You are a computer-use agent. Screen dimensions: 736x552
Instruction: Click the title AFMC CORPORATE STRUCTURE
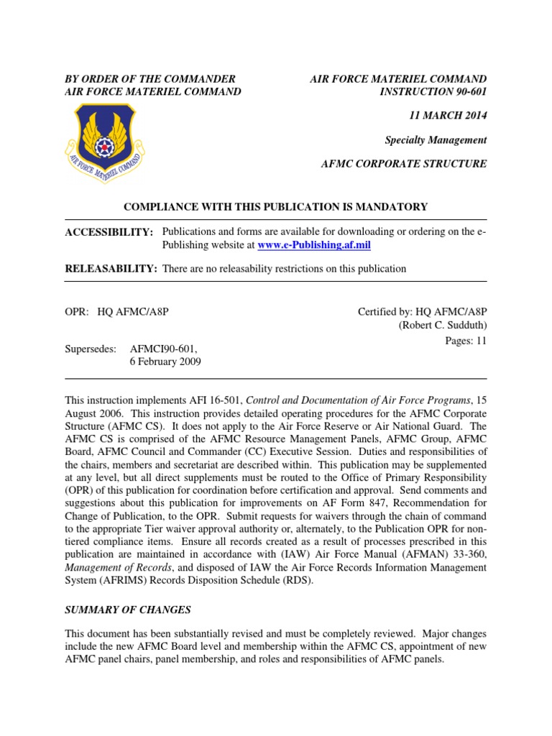coord(403,164)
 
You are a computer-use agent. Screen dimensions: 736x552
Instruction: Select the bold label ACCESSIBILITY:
coord(109,232)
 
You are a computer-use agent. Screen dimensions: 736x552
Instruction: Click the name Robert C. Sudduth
coord(443,326)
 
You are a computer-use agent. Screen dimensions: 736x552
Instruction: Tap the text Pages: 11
coord(466,341)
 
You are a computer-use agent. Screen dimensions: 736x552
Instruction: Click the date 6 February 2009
coord(165,362)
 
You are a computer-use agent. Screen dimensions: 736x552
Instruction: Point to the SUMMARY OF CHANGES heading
coord(128,610)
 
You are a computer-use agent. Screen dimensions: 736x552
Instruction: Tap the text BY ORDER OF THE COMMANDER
coord(150,78)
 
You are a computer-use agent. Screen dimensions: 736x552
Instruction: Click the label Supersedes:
coord(90,349)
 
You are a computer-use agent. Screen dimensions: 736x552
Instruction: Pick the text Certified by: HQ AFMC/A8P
coord(422,311)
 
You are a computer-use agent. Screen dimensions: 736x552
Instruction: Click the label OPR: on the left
coord(76,311)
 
